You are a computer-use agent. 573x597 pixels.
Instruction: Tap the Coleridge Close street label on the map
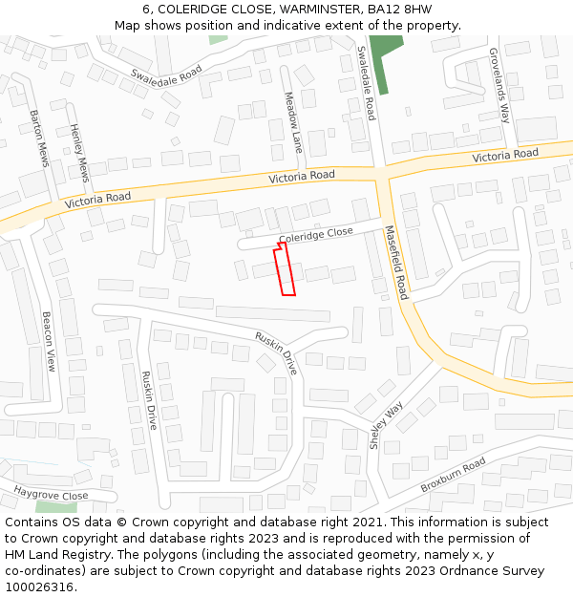pos(316,235)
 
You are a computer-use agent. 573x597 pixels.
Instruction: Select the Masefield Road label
pos(396,263)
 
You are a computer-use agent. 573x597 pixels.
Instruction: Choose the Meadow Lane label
pos(293,122)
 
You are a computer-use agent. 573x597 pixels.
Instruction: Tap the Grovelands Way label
pos(500,86)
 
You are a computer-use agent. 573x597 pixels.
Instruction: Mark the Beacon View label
pos(49,341)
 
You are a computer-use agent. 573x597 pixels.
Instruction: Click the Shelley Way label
pos(387,425)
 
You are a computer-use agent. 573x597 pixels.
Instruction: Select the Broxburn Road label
pos(453,475)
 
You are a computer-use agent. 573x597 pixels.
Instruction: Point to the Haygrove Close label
pos(51,494)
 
